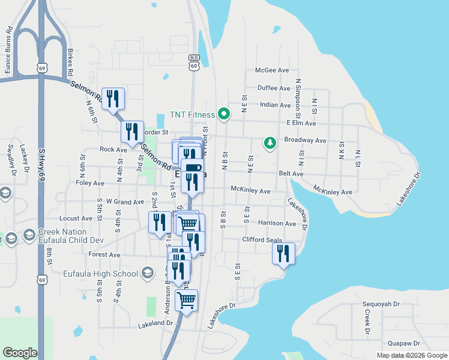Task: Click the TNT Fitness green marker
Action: [224, 113]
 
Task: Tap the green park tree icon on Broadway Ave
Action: [270, 143]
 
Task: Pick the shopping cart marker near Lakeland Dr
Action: [187, 299]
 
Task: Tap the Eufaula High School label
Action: [101, 274]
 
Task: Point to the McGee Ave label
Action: [273, 70]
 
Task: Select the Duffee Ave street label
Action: [274, 88]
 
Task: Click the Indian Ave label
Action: [275, 105]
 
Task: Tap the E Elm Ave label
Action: [301, 123]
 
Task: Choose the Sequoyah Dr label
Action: [378, 304]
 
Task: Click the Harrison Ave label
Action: [277, 223]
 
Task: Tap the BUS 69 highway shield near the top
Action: [193, 62]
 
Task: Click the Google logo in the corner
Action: [20, 353]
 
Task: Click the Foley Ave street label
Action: [90, 183]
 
